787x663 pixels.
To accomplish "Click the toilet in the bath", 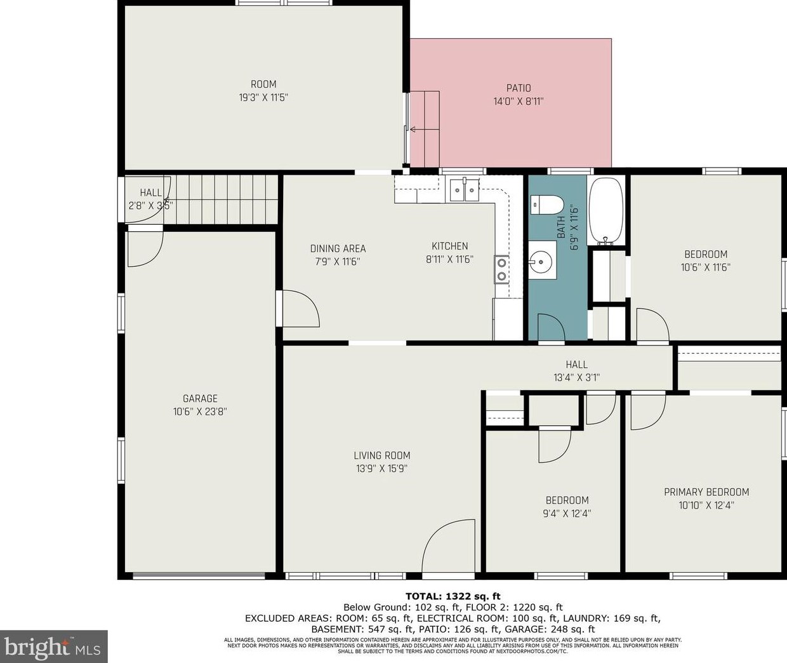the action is (547, 204).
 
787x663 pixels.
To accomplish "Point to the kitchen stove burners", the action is (501, 269).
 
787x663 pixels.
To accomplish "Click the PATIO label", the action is (519, 88).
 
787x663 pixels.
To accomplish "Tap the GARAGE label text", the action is (200, 399).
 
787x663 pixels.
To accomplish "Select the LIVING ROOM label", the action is (382, 455).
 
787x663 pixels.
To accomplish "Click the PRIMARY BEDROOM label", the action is (706, 492).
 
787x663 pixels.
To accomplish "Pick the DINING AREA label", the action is (338, 248).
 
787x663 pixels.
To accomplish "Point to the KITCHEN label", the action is (449, 246).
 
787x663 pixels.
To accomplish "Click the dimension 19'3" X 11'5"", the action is (263, 98).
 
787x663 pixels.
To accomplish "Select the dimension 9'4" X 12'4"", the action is (567, 514).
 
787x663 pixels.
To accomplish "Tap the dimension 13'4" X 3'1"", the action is (577, 377).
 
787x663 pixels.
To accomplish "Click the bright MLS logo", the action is (53, 646).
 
